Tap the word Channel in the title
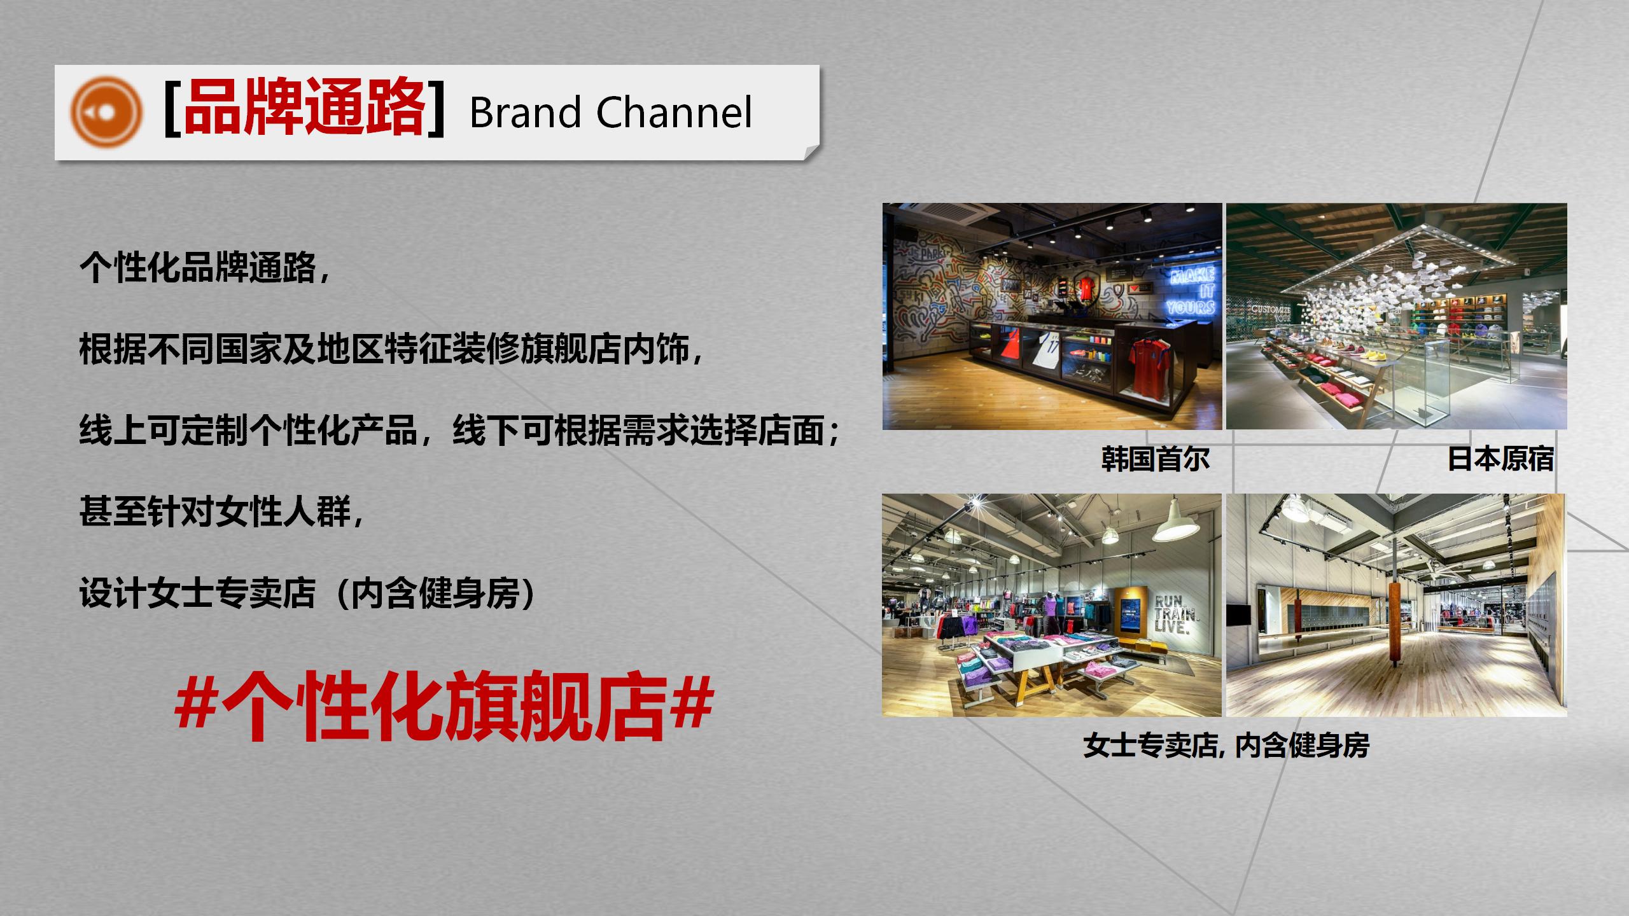pos(674,113)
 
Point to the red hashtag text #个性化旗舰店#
pos(444,707)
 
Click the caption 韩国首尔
pos(1155,459)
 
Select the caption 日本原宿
pos(1500,459)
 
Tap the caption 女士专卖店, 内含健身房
pos(1226,746)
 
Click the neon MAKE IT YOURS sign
pos(1192,291)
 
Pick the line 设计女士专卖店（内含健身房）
pos(308,593)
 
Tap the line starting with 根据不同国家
pos(391,350)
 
